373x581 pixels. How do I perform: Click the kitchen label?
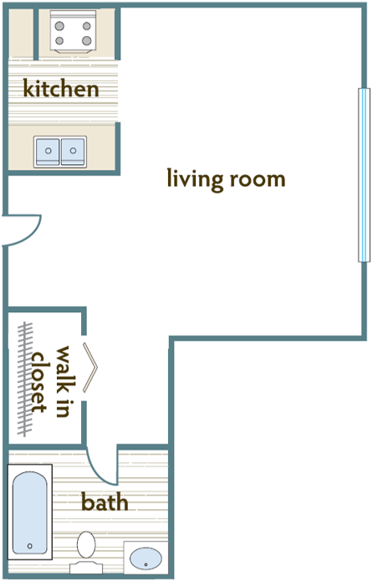(x=61, y=88)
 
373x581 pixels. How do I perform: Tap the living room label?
(x=226, y=179)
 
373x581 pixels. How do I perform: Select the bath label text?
(x=105, y=502)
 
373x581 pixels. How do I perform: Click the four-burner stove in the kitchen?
(x=71, y=33)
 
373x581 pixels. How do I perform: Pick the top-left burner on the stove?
(x=60, y=24)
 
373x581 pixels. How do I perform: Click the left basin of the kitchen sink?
(x=49, y=152)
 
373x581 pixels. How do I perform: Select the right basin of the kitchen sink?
(x=74, y=152)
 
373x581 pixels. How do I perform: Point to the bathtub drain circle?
(x=31, y=546)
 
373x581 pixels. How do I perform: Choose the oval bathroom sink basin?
(x=146, y=558)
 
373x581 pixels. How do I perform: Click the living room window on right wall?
(x=363, y=175)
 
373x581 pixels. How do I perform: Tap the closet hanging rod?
(x=27, y=378)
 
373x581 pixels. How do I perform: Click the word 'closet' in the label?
(x=38, y=381)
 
